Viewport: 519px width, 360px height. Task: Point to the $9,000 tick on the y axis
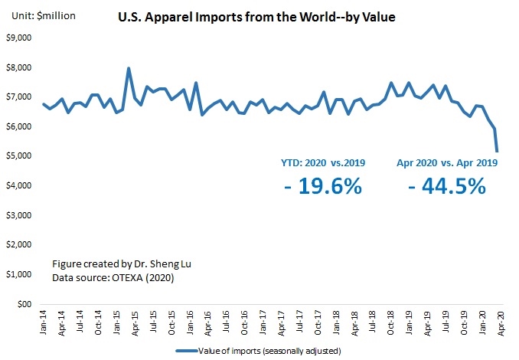tap(18, 38)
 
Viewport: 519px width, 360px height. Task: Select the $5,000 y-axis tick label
tap(18, 156)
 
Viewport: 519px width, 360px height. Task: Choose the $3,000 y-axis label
tap(18, 215)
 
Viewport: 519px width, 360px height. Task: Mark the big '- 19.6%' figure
tap(322, 185)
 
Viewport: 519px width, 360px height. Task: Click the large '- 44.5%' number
tap(447, 185)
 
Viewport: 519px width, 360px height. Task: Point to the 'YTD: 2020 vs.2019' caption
tap(323, 162)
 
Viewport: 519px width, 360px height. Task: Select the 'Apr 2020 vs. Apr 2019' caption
tap(448, 162)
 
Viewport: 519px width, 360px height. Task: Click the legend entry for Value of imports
tap(273, 351)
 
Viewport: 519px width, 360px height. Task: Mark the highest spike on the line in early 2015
tap(128, 68)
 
